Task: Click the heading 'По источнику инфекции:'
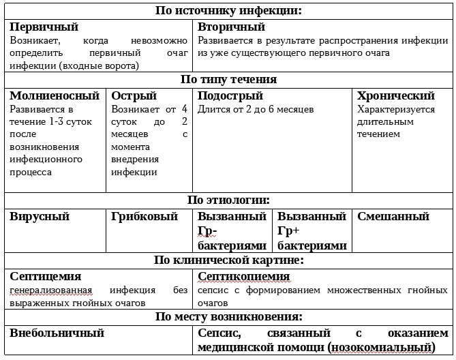[x=228, y=10]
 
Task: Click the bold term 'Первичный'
[x=44, y=27]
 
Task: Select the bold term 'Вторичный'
[x=231, y=27]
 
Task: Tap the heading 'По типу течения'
[x=228, y=79]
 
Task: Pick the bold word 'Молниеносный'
[x=55, y=96]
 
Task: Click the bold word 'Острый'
[x=134, y=96]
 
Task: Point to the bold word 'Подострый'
[x=230, y=96]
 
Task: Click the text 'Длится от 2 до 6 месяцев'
[x=256, y=109]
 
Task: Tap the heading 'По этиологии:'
[x=228, y=200]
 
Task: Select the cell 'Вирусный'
[x=40, y=217]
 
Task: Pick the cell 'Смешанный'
[x=393, y=217]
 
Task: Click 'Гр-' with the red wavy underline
[x=207, y=231]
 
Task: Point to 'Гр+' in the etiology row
[x=289, y=231]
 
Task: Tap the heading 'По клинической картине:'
[x=228, y=260]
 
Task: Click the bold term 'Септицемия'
[x=46, y=276]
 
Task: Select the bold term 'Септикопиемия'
[x=243, y=276]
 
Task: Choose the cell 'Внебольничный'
[x=57, y=333]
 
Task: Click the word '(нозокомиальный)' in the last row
[x=381, y=347]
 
